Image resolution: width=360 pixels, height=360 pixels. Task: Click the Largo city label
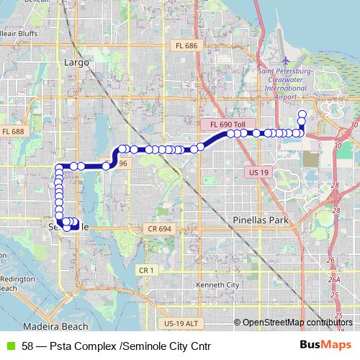(x=76, y=63)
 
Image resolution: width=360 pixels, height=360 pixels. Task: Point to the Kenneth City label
(x=222, y=285)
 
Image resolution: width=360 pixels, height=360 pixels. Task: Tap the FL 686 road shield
(x=186, y=45)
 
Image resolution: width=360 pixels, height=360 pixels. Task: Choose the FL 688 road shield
(x=13, y=132)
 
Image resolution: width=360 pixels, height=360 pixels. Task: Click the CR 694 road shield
(x=159, y=228)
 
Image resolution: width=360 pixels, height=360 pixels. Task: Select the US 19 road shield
(x=257, y=173)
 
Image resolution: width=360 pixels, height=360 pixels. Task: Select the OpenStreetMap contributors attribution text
(x=297, y=323)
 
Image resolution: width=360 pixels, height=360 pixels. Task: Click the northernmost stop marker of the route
(x=302, y=113)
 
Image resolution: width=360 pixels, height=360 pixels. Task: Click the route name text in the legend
(x=116, y=346)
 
